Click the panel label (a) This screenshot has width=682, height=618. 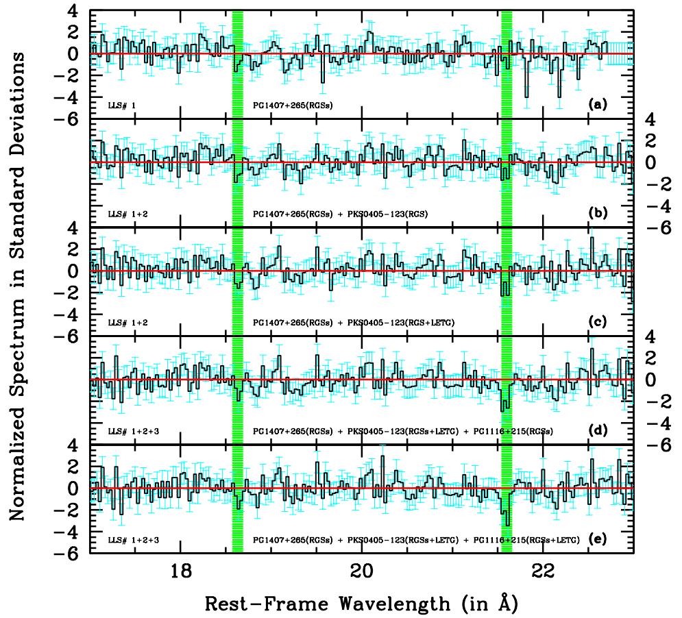pos(598,106)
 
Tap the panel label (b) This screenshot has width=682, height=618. pos(598,214)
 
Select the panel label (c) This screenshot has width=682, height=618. pos(598,322)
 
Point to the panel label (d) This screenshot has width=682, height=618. pos(598,431)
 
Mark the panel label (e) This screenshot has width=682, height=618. pos(598,539)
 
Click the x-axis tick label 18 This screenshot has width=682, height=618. pos(180,570)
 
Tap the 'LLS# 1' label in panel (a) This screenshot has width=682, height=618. pos(123,106)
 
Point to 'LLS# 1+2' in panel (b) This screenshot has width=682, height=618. pos(126,214)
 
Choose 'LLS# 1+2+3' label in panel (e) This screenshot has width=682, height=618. pos(130,540)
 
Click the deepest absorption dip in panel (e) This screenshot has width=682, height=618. pos(507,522)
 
